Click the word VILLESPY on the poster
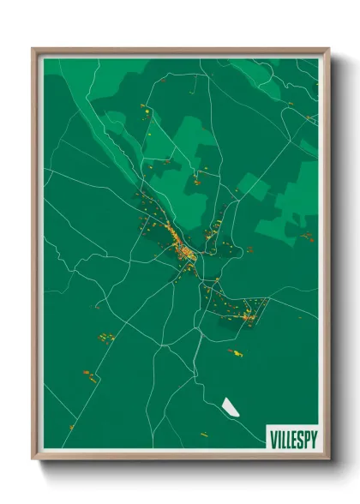[x=293, y=440]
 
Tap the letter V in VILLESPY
[x=273, y=440]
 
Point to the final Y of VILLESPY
[x=314, y=440]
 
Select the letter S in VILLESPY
[x=301, y=440]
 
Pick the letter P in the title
[x=307, y=440]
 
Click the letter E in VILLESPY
[x=295, y=440]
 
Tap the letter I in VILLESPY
[x=279, y=440]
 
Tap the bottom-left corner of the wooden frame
[x=33, y=459]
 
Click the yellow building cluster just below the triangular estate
[x=234, y=351]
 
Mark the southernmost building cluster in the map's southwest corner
[x=72, y=426]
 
